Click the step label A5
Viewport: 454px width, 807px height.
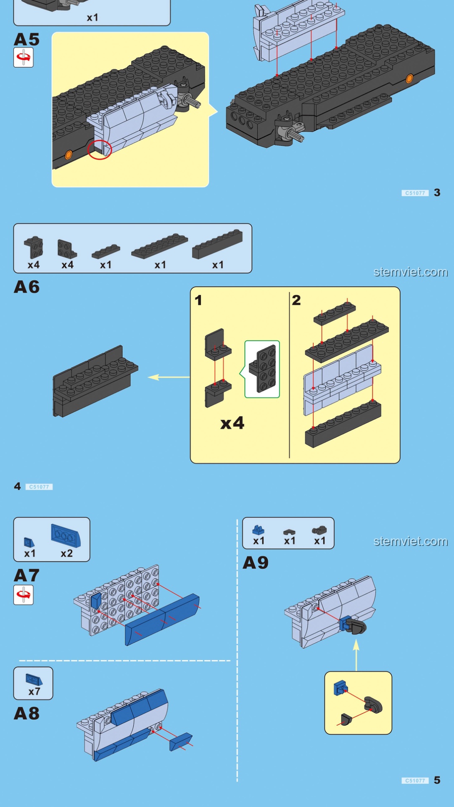pyautogui.click(x=26, y=40)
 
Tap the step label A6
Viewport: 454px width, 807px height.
pyautogui.click(x=26, y=287)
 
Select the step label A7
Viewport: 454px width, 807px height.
pyautogui.click(x=26, y=575)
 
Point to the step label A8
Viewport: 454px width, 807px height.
pyautogui.click(x=26, y=713)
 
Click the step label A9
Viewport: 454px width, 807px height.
pyautogui.click(x=256, y=563)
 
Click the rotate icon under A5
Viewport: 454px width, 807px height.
pyautogui.click(x=24, y=58)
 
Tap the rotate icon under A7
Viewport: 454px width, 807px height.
pyautogui.click(x=24, y=595)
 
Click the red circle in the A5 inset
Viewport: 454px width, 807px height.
pyautogui.click(x=100, y=150)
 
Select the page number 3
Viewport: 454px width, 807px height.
pyautogui.click(x=437, y=193)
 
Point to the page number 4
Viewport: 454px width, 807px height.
pyautogui.click(x=17, y=486)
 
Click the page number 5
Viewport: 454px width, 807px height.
pyautogui.click(x=437, y=780)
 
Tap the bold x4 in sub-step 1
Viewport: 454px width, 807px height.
pyautogui.click(x=232, y=423)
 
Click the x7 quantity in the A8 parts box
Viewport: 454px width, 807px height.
pyautogui.click(x=34, y=691)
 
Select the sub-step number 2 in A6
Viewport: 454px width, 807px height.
pyautogui.click(x=296, y=300)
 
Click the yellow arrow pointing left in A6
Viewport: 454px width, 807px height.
pyautogui.click(x=168, y=377)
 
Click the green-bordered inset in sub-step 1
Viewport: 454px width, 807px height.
pyautogui.click(x=262, y=369)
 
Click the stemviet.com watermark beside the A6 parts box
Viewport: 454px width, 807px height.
pyautogui.click(x=410, y=272)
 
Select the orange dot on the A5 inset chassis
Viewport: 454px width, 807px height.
pyautogui.click(x=69, y=155)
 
